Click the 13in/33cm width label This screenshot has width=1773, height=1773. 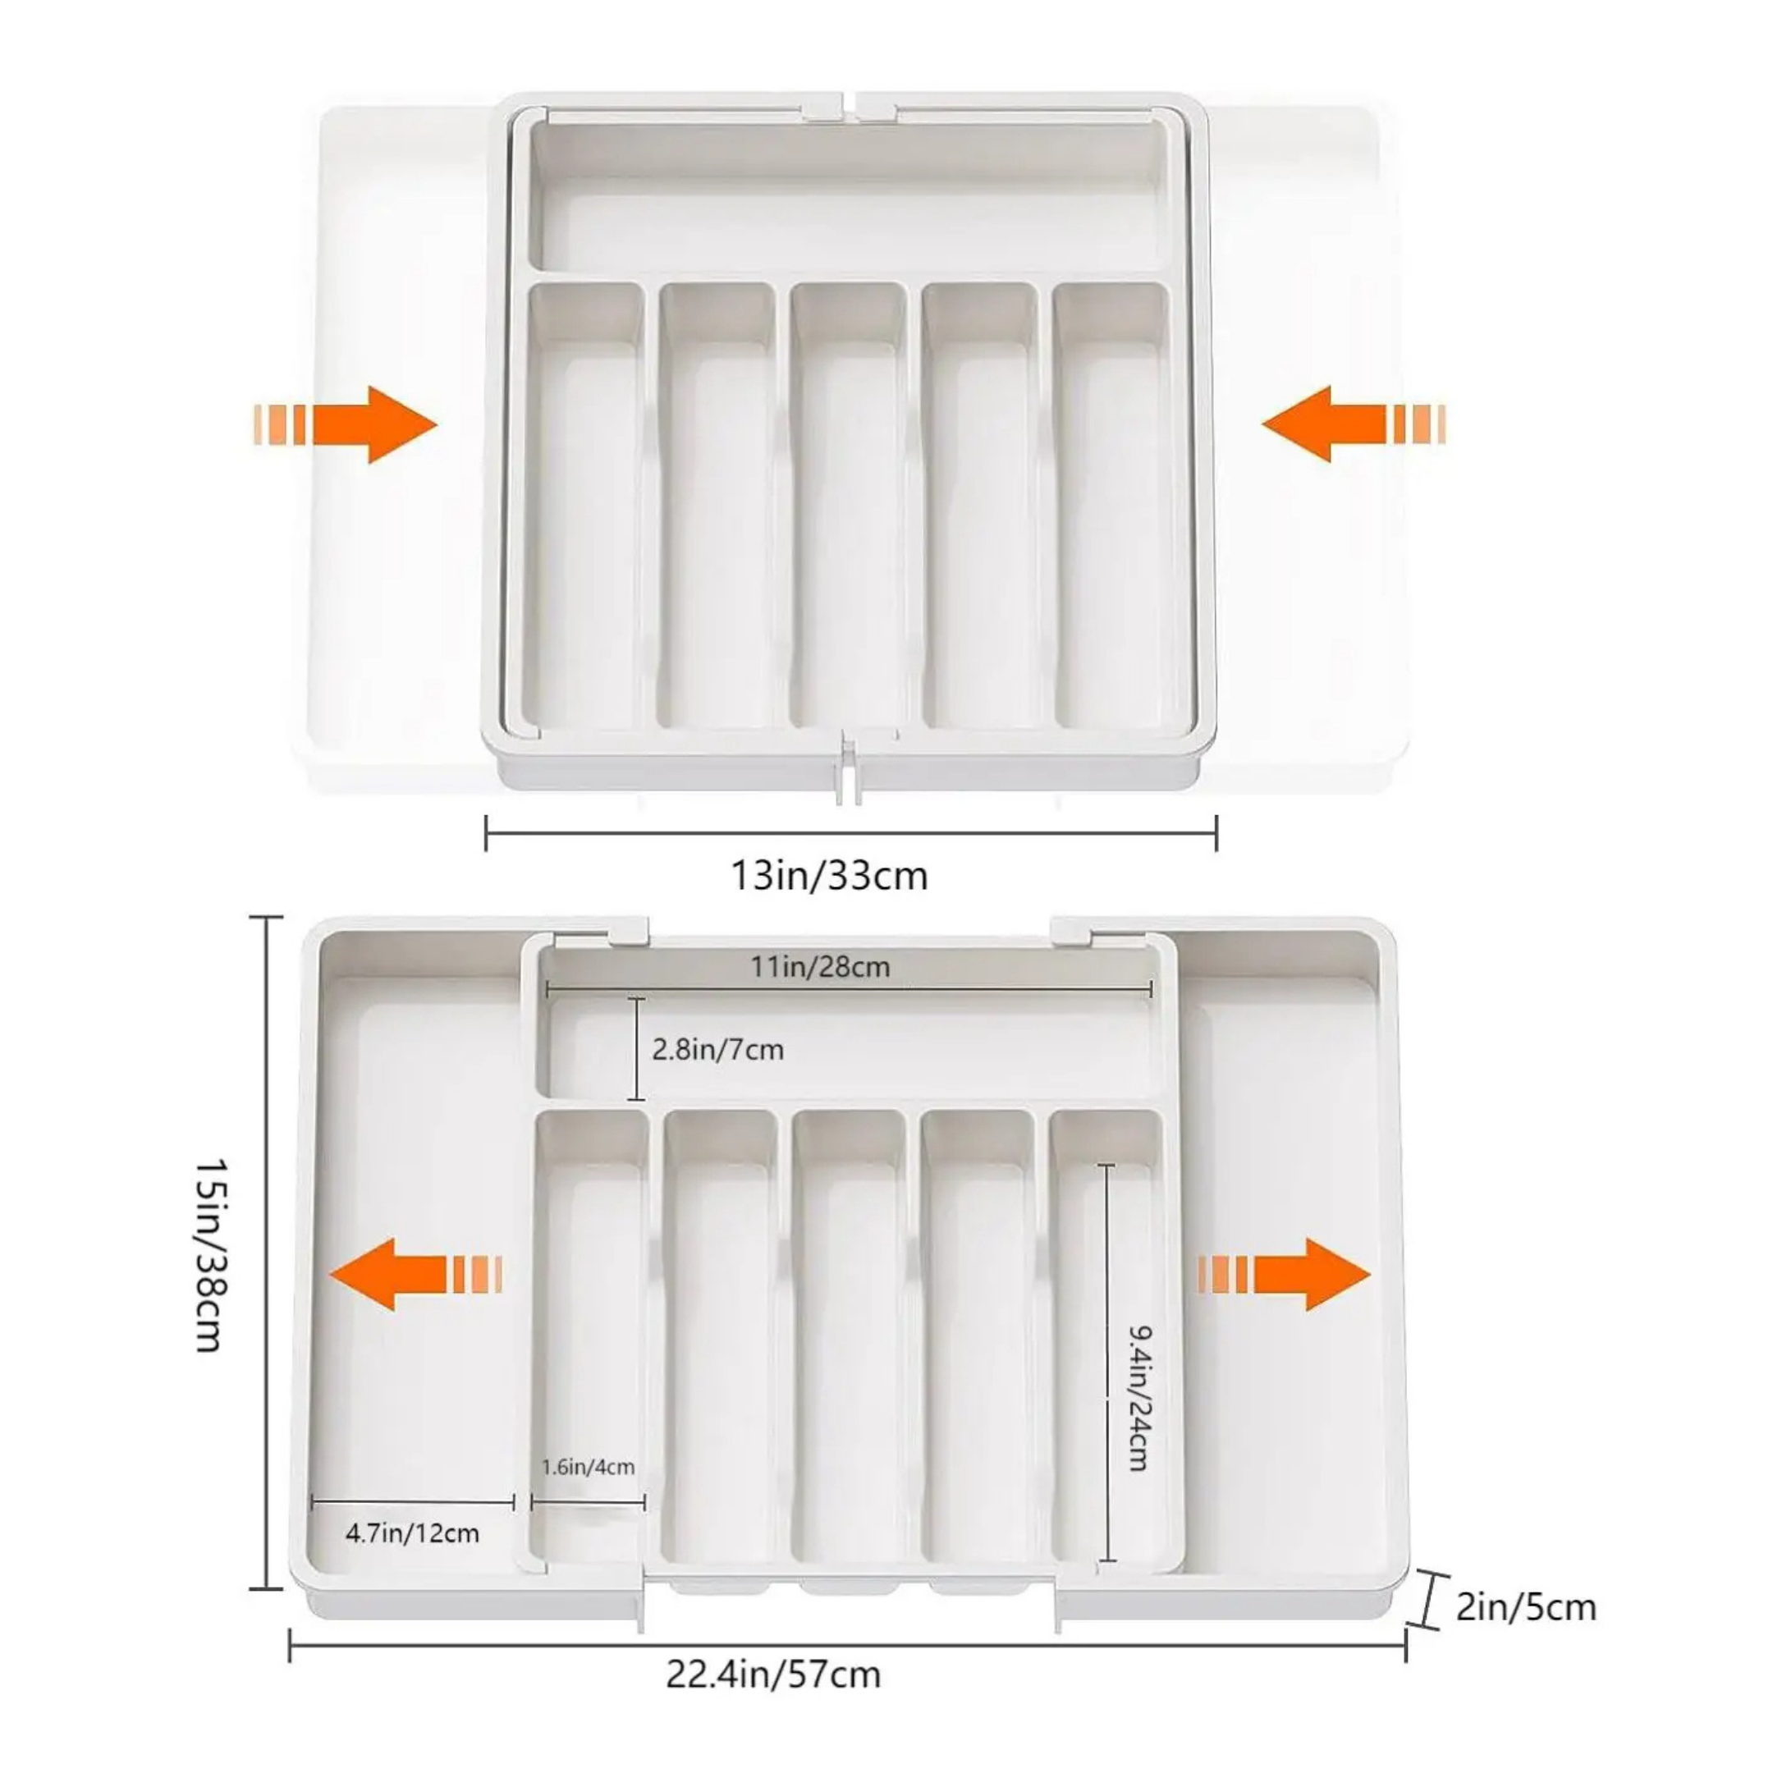pos(829,876)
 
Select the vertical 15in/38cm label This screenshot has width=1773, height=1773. pos(209,1253)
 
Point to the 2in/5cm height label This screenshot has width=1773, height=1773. pos(1525,1607)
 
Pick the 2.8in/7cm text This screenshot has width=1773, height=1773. pos(717,1049)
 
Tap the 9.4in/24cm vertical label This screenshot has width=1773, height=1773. pos(1138,1398)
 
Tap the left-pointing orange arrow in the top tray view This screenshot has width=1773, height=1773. pos(1352,424)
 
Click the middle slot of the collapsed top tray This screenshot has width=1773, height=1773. pos(848,514)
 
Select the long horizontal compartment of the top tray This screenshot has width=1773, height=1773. pos(848,197)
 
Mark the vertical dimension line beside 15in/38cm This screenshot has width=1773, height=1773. pos(267,1253)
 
